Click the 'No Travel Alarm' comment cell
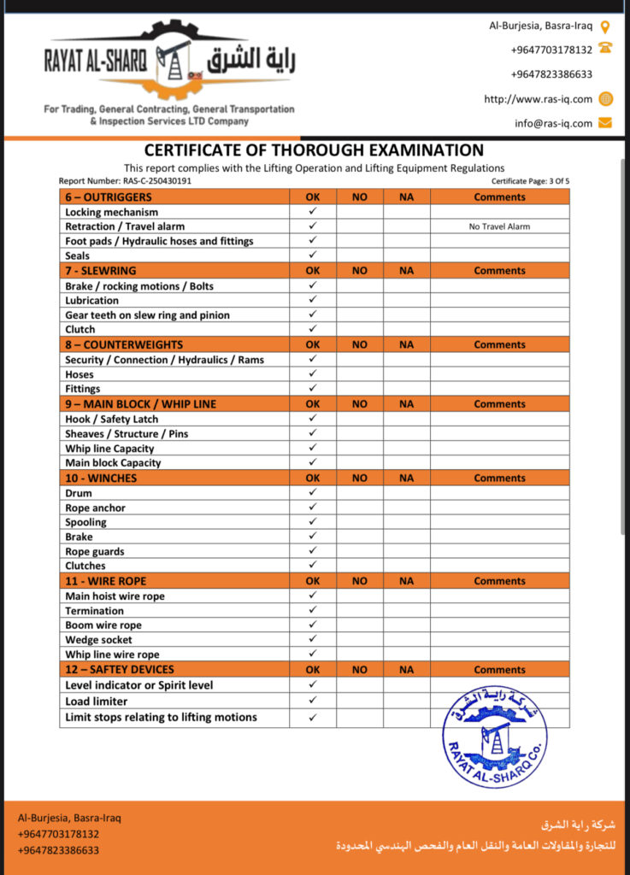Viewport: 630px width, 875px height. tap(499, 226)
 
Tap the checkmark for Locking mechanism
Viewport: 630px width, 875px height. tap(313, 211)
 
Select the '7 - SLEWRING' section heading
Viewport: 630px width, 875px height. tap(100, 271)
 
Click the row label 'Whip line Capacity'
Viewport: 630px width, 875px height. tap(109, 449)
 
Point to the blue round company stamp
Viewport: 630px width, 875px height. tap(495, 736)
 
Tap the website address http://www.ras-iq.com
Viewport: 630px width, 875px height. tap(538, 99)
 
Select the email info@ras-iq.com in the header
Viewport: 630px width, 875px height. tap(553, 123)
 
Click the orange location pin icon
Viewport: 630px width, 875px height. tap(605, 26)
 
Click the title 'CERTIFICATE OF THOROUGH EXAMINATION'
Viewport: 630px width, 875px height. tap(314, 150)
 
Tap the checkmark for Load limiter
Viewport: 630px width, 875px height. tap(313, 701)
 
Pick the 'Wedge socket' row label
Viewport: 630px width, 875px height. tap(98, 640)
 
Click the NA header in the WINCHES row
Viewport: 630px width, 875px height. tap(406, 479)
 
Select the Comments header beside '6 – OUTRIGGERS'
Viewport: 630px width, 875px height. tap(499, 197)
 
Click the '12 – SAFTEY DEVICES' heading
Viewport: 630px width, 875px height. tap(119, 670)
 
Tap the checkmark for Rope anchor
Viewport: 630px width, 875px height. tap(313, 508)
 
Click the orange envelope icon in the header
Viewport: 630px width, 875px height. tap(605, 123)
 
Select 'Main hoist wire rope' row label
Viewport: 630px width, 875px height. tap(115, 596)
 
